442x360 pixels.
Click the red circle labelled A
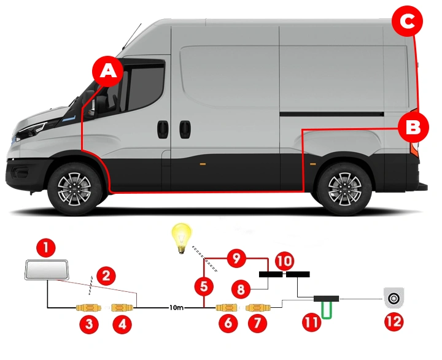click(108, 71)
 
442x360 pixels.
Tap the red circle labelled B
click(413, 127)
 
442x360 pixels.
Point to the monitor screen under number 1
click(47, 270)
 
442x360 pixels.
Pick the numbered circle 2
click(107, 276)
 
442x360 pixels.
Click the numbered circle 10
click(284, 259)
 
